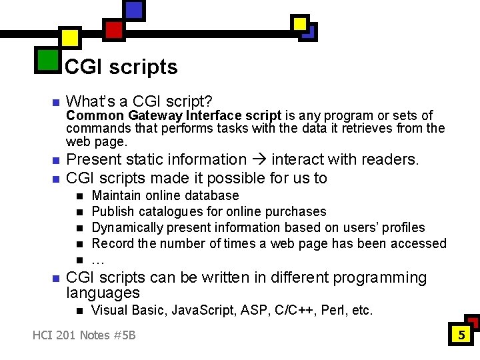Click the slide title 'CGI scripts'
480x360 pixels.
(121, 67)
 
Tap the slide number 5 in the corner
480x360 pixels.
(461, 335)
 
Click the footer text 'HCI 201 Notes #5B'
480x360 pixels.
(84, 335)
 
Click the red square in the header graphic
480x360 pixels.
(114, 29)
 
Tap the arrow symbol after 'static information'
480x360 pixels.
(258, 160)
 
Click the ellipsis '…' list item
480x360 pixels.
(97, 260)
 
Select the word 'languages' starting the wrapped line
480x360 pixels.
(103, 293)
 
